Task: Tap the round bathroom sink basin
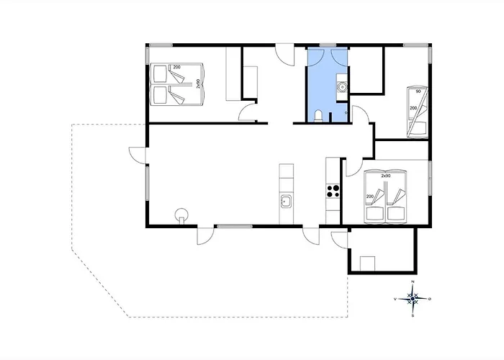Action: coord(343,88)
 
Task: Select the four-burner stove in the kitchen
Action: coord(333,191)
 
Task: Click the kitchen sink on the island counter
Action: coord(287,201)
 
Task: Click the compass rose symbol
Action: coord(413,297)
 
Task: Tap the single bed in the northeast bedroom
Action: coord(418,112)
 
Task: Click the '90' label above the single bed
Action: coord(418,92)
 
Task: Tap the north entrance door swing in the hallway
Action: coord(285,53)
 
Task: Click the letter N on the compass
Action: coord(413,282)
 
